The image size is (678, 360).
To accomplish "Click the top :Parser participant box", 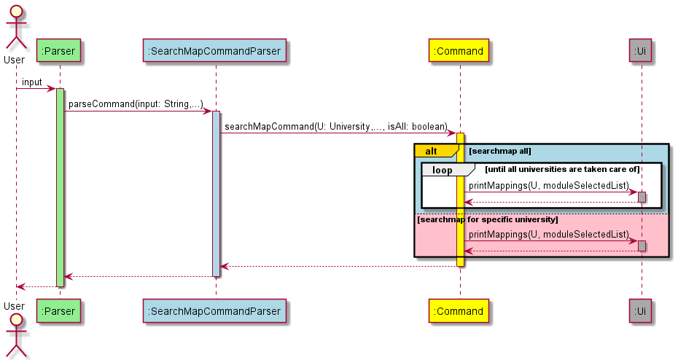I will coord(60,51).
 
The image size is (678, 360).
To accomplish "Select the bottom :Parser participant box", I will coord(60,311).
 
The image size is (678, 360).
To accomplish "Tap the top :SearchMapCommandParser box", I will coord(216,51).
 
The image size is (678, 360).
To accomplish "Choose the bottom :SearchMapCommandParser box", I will coord(216,311).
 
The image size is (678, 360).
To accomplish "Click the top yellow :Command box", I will coord(459,51).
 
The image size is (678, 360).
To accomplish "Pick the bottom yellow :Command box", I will coord(459,311).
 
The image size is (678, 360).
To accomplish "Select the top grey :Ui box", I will coord(642,51).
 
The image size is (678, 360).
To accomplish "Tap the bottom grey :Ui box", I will coord(642,311).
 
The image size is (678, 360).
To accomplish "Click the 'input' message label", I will coord(32,82).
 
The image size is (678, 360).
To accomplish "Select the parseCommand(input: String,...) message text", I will coord(136,104).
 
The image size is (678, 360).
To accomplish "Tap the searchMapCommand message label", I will coord(335,127).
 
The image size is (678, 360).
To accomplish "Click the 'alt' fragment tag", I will coord(432,151).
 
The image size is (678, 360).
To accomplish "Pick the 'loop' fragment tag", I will coord(442,170).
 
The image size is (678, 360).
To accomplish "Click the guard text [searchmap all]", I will coord(500,151).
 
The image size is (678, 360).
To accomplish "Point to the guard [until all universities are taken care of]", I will coord(562,169).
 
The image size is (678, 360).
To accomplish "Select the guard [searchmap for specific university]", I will coord(487,219).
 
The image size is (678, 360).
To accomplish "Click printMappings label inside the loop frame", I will coord(548,185).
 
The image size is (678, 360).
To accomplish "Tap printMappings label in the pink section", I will coord(548,234).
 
